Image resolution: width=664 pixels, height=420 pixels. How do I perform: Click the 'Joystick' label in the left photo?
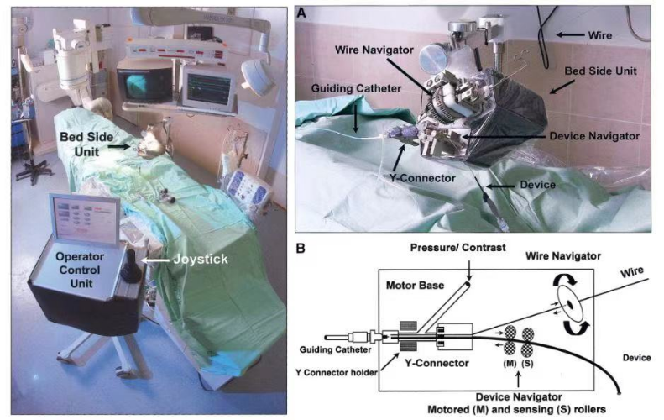pyautogui.click(x=199, y=260)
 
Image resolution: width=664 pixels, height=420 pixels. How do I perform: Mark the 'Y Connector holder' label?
pyautogui.click(x=332, y=374)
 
